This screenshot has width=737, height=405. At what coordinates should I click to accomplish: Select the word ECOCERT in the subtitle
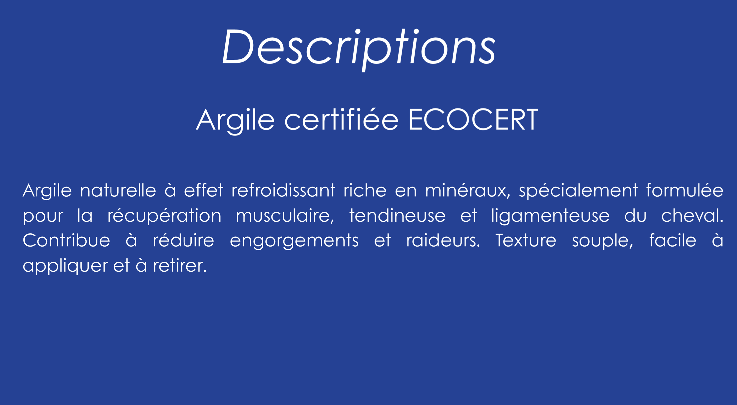473,119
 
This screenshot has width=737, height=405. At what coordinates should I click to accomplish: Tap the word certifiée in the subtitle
341,119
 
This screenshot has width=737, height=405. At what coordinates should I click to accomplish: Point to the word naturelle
118,190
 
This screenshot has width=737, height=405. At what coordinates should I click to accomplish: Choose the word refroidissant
283,190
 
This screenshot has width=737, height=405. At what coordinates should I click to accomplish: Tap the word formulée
685,190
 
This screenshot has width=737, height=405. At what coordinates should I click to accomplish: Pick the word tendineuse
397,215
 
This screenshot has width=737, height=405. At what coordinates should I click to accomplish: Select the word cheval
692,215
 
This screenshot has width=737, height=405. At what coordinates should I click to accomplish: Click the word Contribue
66,240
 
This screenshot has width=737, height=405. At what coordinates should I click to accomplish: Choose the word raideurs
443,240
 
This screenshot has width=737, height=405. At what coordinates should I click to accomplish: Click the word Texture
526,240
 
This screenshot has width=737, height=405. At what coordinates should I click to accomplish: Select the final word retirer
180,265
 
